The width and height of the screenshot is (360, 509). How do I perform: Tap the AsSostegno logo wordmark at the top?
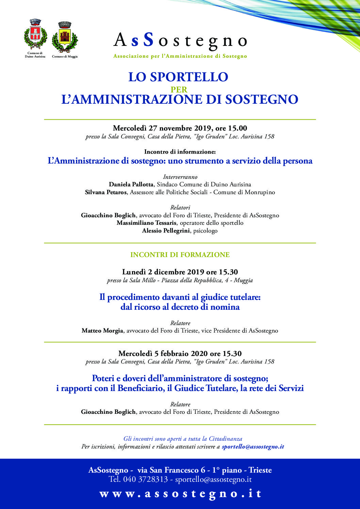pyautogui.click(x=180, y=41)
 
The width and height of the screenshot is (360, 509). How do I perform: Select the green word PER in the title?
pyautogui.click(x=179, y=89)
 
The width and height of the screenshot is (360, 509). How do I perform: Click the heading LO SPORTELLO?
pyautogui.click(x=178, y=77)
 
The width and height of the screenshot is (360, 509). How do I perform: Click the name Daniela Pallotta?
pyautogui.click(x=131, y=184)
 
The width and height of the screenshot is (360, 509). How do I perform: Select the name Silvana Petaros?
pyautogui.click(x=106, y=192)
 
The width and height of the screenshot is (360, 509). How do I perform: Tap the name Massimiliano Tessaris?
pyautogui.click(x=146, y=223)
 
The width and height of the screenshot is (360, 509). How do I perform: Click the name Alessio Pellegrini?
pyautogui.click(x=166, y=231)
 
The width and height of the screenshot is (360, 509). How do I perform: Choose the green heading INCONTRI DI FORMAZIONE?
pyautogui.click(x=180, y=255)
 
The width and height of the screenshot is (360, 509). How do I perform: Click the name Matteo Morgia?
pyautogui.click(x=102, y=330)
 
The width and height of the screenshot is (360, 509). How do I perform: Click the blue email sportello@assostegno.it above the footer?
pyautogui.click(x=253, y=446)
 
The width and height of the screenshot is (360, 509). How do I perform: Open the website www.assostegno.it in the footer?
pyautogui.click(x=180, y=494)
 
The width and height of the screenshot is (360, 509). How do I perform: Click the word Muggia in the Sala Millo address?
pyautogui.click(x=243, y=280)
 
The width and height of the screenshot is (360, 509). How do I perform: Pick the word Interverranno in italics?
pyautogui.click(x=180, y=177)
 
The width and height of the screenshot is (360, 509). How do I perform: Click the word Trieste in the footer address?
pyautogui.click(x=260, y=470)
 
